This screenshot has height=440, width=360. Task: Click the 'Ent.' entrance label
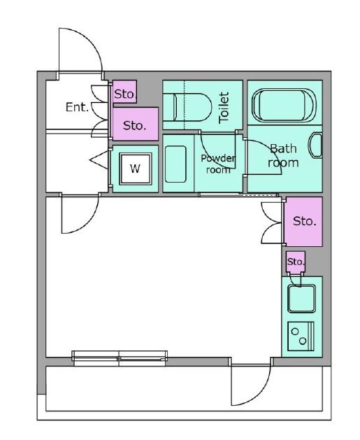tap(77, 107)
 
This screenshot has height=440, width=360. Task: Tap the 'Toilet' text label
tap(224, 108)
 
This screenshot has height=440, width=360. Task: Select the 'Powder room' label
tap(218, 164)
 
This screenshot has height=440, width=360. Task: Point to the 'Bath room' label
tap(283, 156)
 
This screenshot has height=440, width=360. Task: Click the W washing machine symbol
tap(136, 169)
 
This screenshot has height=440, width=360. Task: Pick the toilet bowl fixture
tap(187, 108)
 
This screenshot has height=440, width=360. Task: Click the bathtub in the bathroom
tap(284, 106)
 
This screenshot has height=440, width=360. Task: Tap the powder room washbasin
tap(175, 164)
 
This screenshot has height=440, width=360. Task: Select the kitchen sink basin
tap(302, 299)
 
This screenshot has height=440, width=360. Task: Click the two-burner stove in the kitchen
tap(301, 336)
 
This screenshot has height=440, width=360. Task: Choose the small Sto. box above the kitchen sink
tap(296, 262)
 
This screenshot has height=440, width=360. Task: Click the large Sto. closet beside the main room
tap(303, 222)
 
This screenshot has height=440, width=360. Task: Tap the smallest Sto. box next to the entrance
tap(124, 92)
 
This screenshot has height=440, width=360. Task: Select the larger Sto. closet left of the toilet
tap(136, 124)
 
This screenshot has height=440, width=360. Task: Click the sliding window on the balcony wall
tap(120, 358)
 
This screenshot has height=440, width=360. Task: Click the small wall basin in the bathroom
tap(315, 146)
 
